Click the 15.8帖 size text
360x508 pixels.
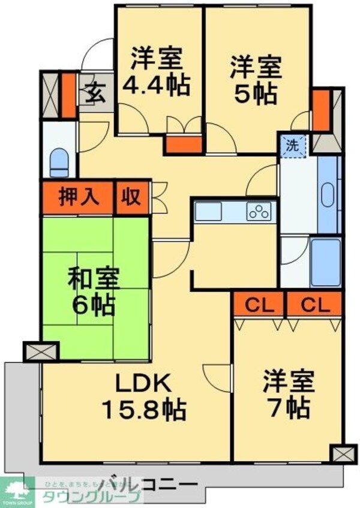click(143, 410)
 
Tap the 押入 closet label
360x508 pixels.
click(77, 197)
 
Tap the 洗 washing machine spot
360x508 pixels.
click(292, 145)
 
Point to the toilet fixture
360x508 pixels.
click(59, 161)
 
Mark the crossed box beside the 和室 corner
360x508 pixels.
click(41, 351)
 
